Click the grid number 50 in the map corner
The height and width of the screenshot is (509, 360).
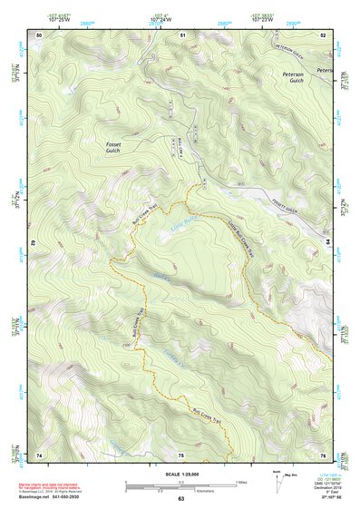tap(39, 34)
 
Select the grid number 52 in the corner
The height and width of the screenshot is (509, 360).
tap(323, 34)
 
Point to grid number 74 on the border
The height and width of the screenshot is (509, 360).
tap(39, 454)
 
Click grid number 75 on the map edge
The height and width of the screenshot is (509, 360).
tap(181, 454)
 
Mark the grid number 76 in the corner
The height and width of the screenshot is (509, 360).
tap(323, 454)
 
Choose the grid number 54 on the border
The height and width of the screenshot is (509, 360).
tap(328, 243)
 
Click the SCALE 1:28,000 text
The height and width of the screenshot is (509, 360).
tap(180, 473)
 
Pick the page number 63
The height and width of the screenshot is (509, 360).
tap(180, 499)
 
